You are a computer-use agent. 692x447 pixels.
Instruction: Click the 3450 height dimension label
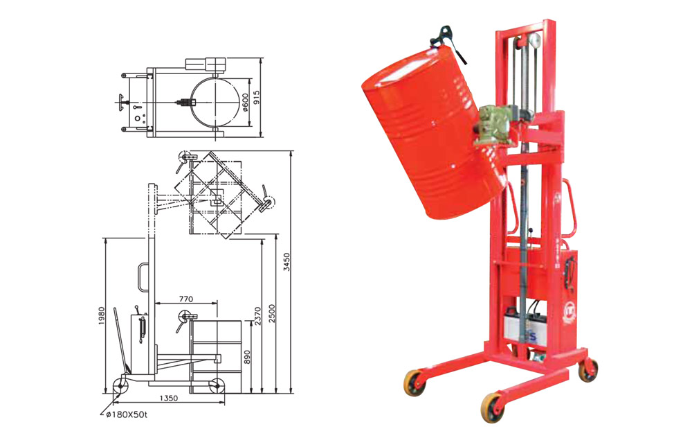click(287, 262)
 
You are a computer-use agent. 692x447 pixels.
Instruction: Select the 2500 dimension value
click(272, 313)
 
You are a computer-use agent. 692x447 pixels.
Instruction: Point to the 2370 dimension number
click(258, 316)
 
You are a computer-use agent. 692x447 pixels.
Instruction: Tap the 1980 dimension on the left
click(102, 316)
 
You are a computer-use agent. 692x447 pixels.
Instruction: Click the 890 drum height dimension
click(247, 357)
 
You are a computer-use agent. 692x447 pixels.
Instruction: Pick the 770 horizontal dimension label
click(185, 299)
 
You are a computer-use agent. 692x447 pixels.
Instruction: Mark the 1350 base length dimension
click(168, 398)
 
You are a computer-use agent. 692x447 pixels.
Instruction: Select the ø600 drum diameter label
click(246, 102)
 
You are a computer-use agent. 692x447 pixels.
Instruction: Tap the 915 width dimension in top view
click(257, 98)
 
